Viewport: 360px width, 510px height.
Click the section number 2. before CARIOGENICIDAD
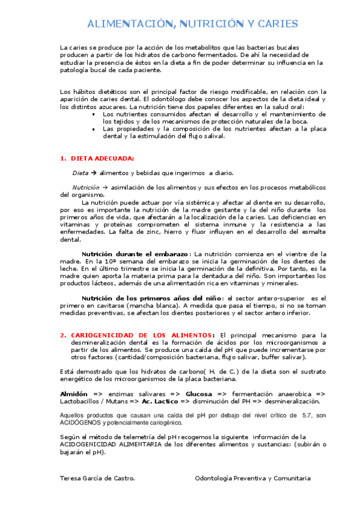63,335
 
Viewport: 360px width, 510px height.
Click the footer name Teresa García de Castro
98,478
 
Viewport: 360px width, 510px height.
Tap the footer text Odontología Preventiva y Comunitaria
253,478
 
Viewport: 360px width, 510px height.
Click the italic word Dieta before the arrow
81,173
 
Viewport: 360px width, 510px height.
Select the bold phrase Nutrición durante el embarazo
135,254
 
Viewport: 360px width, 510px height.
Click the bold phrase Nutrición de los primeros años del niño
151,298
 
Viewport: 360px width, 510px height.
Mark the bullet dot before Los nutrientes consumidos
93,114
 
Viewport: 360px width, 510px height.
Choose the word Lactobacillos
84,401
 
